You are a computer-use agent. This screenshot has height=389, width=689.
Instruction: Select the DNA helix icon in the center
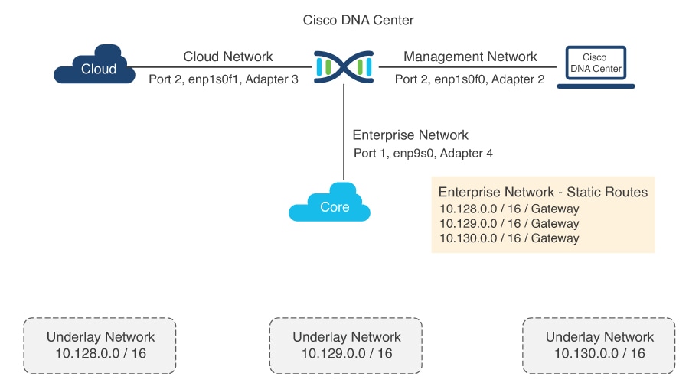pyautogui.click(x=344, y=66)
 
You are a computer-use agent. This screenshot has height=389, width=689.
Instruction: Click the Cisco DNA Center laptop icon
pyautogui.click(x=595, y=66)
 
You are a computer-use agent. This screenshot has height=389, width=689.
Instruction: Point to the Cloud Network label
pyautogui.click(x=227, y=57)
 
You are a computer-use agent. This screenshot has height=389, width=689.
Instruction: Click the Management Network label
pyautogui.click(x=470, y=57)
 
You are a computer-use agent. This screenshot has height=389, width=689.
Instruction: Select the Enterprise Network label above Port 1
pyautogui.click(x=410, y=135)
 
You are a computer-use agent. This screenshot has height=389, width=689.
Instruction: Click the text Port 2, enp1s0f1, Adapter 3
pyautogui.click(x=223, y=79)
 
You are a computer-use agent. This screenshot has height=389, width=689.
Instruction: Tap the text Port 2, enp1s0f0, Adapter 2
pyautogui.click(x=469, y=79)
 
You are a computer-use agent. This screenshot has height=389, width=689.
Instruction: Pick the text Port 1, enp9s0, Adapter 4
pyautogui.click(x=423, y=153)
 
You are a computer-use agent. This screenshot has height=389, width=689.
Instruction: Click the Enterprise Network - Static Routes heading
pyautogui.click(x=543, y=192)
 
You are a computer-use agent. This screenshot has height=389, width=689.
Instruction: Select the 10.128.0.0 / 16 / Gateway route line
pyautogui.click(x=508, y=209)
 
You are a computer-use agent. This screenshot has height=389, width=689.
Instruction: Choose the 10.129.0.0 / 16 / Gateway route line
pyautogui.click(x=508, y=224)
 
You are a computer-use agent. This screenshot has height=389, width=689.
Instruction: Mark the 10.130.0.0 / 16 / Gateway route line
pyautogui.click(x=508, y=238)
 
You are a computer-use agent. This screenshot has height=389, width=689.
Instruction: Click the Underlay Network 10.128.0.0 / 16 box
pyautogui.click(x=100, y=345)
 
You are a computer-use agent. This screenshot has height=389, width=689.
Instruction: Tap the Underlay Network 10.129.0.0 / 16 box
pyautogui.click(x=346, y=345)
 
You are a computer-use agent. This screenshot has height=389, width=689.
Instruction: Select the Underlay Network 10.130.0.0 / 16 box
pyautogui.click(x=599, y=345)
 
